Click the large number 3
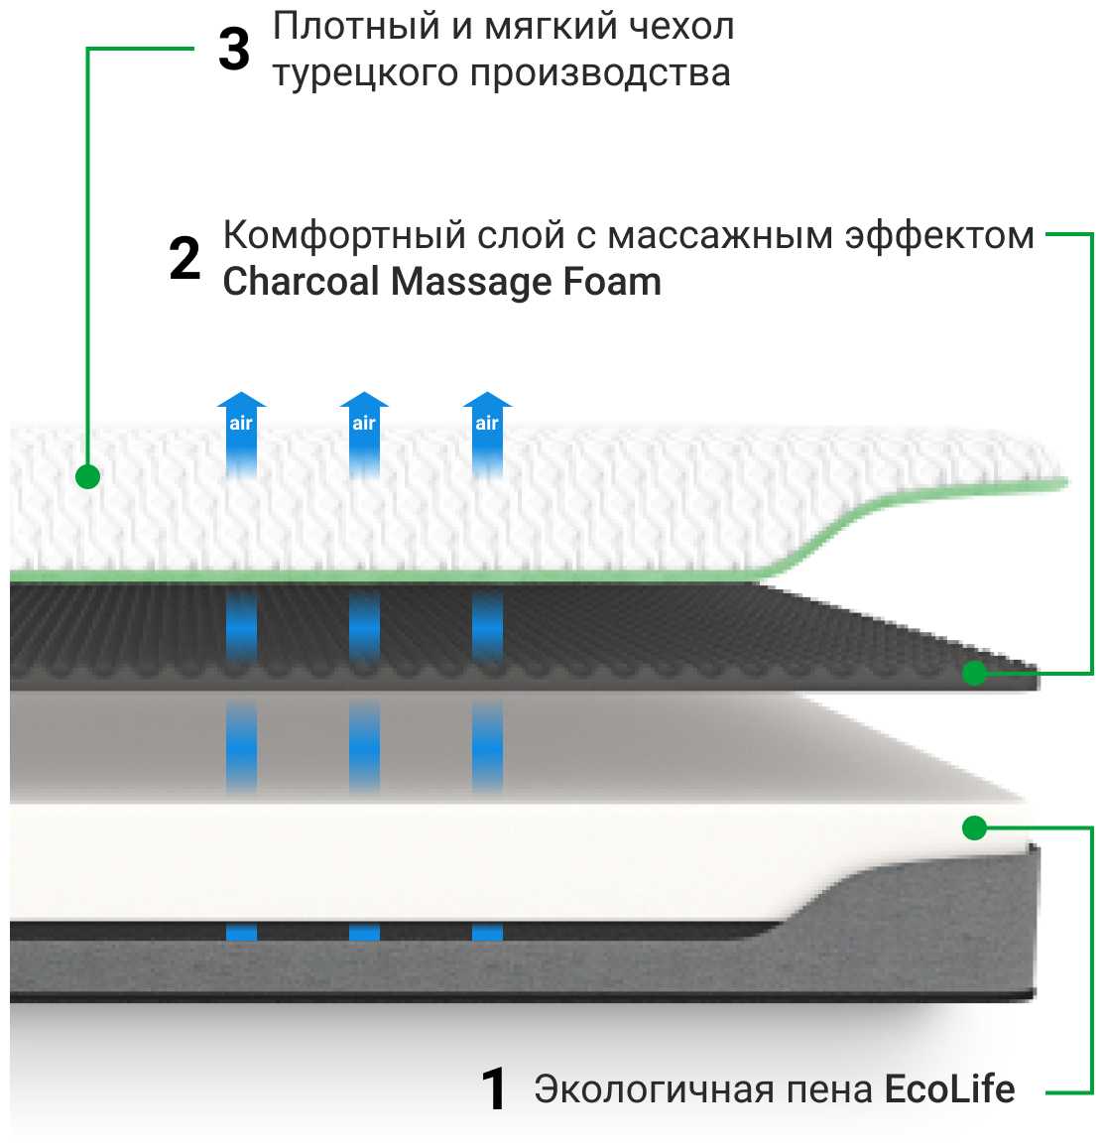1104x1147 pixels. tap(234, 50)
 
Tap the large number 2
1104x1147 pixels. tap(185, 259)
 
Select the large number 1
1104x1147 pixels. tap(494, 1088)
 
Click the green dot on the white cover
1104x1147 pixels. tap(88, 477)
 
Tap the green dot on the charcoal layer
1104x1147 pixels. tap(975, 674)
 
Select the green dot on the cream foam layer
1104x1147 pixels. tap(975, 828)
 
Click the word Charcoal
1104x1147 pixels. tap(302, 282)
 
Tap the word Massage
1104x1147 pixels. tap(472, 283)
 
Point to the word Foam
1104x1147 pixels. tap(612, 282)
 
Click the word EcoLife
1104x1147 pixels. tap(949, 1088)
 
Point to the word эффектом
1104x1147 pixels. tap(939, 236)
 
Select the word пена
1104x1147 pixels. tap(829, 1089)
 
